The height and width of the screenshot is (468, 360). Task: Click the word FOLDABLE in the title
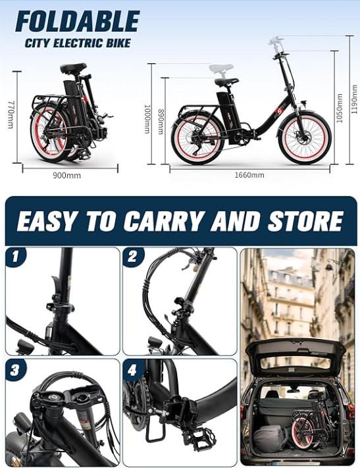coord(77,21)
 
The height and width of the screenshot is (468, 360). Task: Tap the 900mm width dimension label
coord(67,176)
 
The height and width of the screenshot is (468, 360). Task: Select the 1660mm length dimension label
coord(249,175)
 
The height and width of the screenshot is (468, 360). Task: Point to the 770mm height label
coord(10,115)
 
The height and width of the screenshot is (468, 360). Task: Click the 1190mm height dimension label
coord(354,99)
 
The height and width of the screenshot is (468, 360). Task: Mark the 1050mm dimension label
coord(340,108)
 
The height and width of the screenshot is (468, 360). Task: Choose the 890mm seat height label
coord(161,122)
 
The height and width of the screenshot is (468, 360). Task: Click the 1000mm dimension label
coord(147,118)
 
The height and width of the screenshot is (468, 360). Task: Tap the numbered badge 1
coord(15,257)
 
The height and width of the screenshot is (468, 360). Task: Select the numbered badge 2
coord(132,257)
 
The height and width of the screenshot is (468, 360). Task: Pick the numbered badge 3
coord(15,370)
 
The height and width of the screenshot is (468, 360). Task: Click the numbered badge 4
coord(132,370)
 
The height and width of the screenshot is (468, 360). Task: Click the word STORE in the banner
coord(305,221)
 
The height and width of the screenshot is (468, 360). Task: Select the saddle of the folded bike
coord(74,68)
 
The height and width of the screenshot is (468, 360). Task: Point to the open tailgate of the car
coord(296,355)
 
